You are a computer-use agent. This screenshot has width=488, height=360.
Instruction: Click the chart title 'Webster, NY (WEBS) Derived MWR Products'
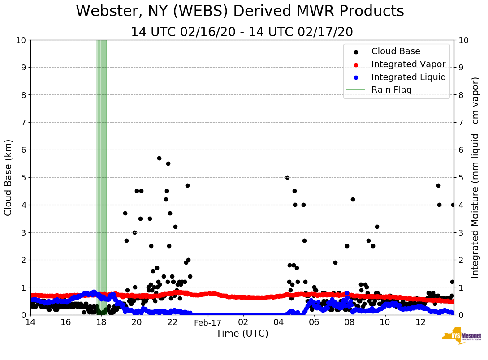pos(240,12)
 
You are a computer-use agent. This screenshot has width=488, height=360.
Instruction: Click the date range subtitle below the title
pos(242,32)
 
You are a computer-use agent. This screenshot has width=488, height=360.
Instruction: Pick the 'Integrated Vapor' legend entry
pos(408,64)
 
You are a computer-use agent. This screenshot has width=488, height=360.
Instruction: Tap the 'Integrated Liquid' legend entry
pos(408,77)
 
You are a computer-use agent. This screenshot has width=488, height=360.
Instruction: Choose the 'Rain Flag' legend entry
pos(391,90)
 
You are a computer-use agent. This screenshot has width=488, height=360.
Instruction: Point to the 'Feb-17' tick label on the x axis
pos(208,323)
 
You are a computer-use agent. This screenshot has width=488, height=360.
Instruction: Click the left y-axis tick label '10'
pos(21,40)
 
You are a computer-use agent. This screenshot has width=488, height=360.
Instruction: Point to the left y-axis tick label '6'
pos(23,150)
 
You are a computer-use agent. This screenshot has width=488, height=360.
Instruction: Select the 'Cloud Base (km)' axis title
pos(9,177)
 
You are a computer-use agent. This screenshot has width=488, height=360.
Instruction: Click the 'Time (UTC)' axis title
pos(242,334)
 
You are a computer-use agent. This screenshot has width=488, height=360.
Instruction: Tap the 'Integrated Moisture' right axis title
pos(475,177)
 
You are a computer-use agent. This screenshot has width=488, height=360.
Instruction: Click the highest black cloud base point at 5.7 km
pos(159,158)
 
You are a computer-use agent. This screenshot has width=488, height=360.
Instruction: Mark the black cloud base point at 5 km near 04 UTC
pos(287,177)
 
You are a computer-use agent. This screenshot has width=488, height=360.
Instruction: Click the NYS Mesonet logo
pos(461,337)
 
